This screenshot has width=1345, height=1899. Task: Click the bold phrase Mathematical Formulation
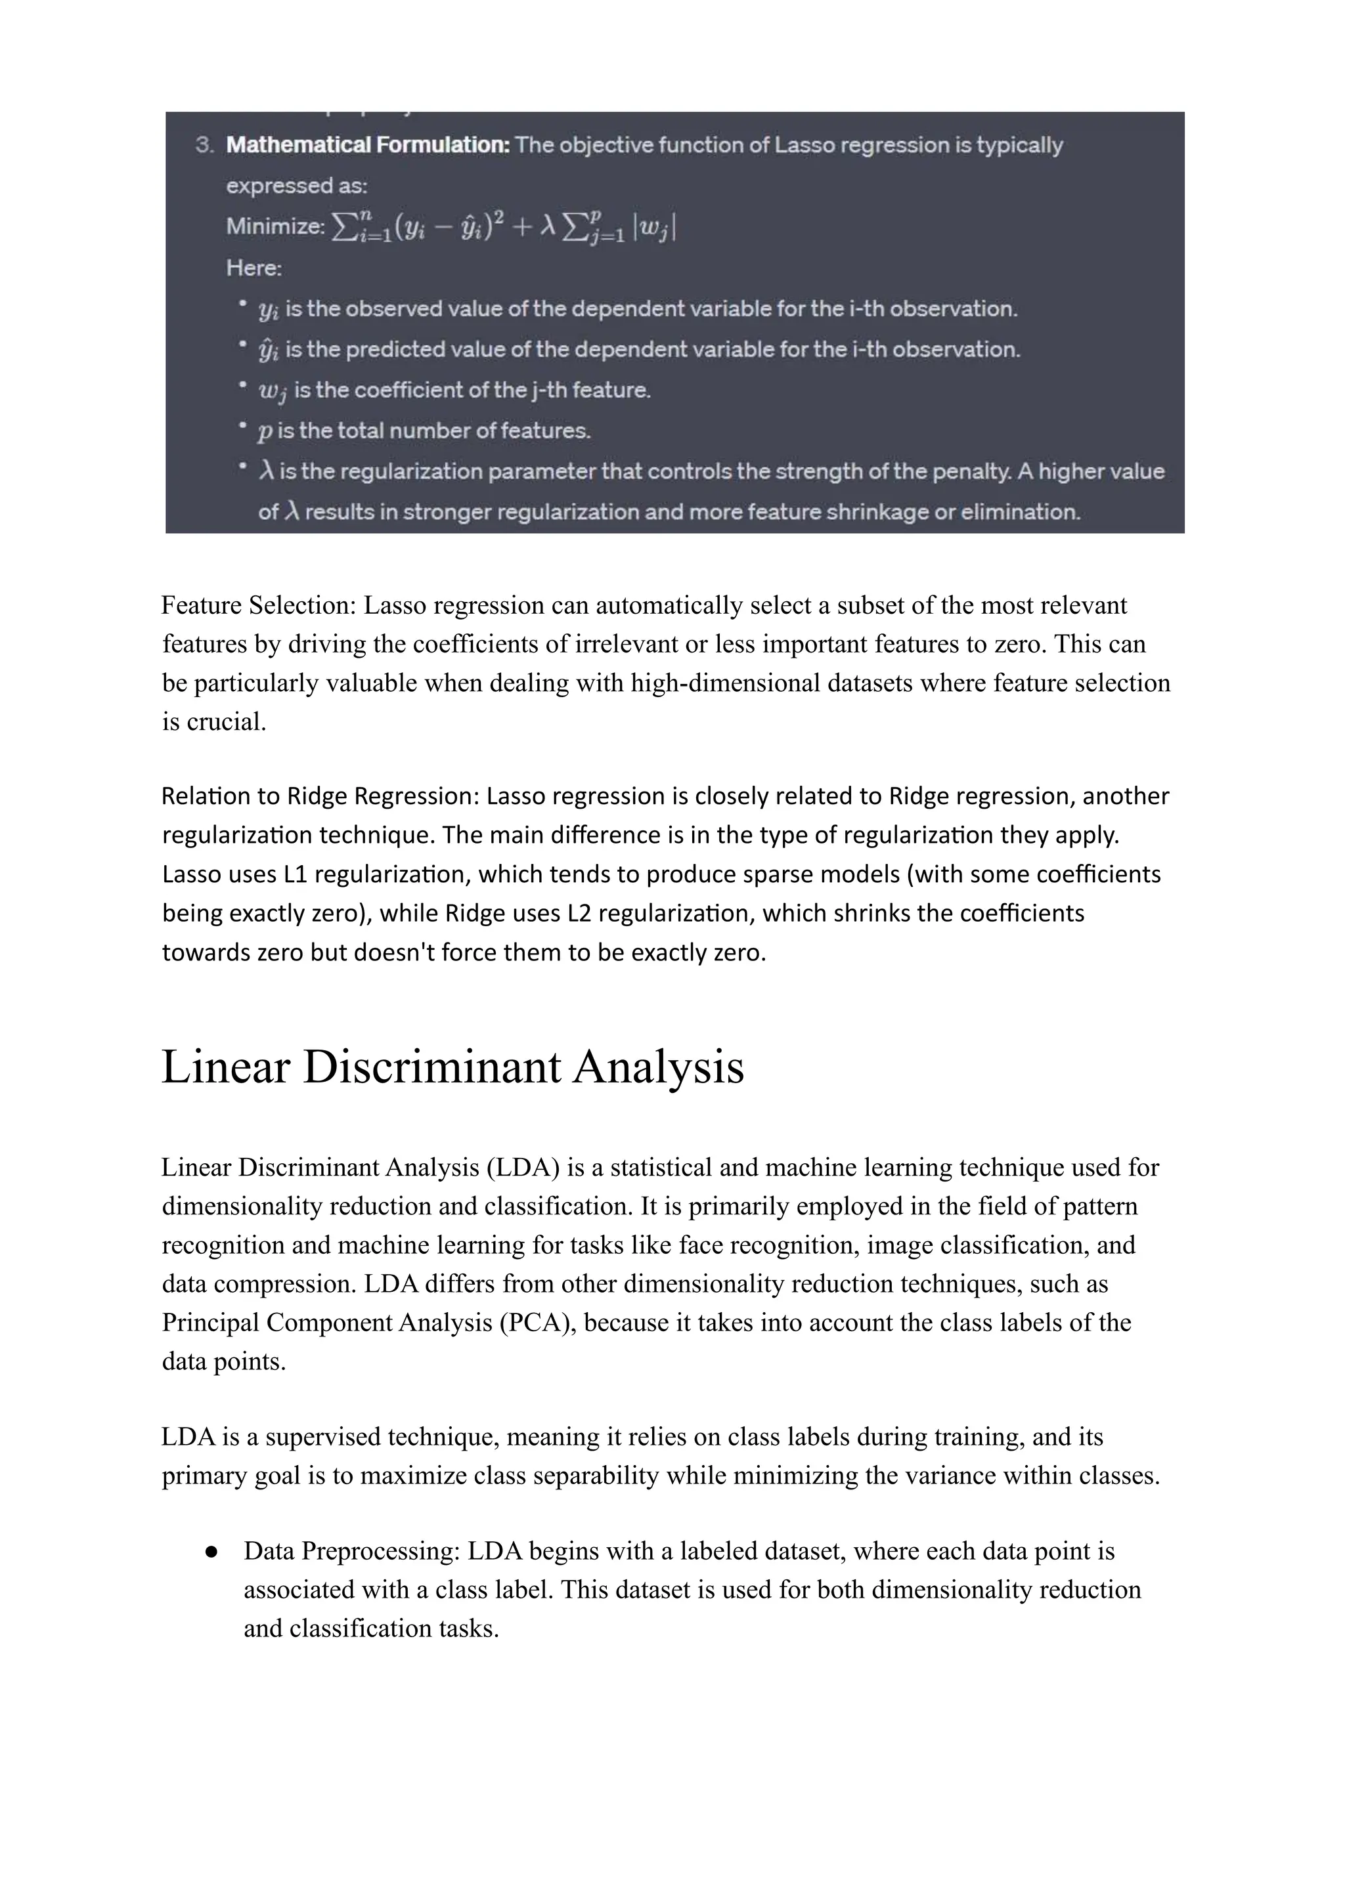click(368, 145)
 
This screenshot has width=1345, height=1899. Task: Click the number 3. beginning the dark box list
click(204, 145)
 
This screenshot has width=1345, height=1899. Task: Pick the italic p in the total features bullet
click(265, 431)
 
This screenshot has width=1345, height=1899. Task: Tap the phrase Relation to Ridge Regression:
click(320, 796)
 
